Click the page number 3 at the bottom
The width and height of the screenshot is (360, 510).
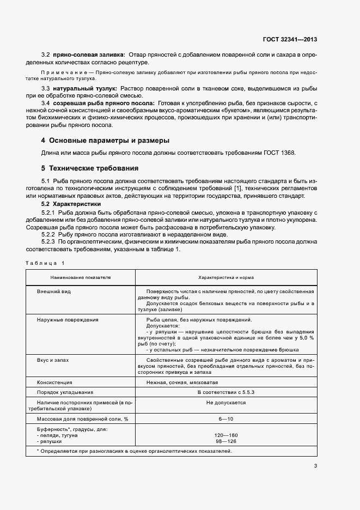click(315, 465)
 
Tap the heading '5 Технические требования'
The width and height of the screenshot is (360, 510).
click(90, 168)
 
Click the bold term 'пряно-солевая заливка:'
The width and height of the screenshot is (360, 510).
click(89, 54)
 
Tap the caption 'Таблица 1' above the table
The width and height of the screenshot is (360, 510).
click(45, 263)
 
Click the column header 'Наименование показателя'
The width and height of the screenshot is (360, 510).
click(81, 277)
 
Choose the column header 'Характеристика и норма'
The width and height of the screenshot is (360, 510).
click(225, 277)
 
